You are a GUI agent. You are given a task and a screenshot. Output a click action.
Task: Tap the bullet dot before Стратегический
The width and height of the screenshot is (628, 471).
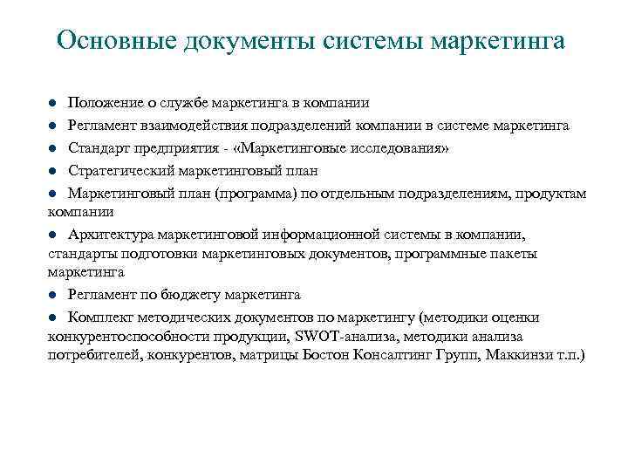(52, 170)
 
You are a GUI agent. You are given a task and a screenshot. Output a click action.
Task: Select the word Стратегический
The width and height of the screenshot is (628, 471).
(123, 169)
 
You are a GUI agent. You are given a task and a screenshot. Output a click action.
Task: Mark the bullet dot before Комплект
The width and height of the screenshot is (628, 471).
(52, 317)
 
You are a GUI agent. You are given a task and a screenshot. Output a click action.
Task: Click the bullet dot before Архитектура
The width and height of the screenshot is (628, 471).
(52, 234)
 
